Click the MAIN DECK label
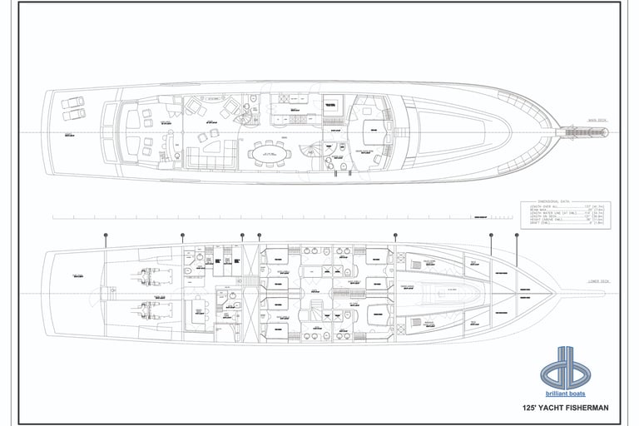597,120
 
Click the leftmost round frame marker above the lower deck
106,236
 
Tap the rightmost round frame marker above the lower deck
517,235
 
